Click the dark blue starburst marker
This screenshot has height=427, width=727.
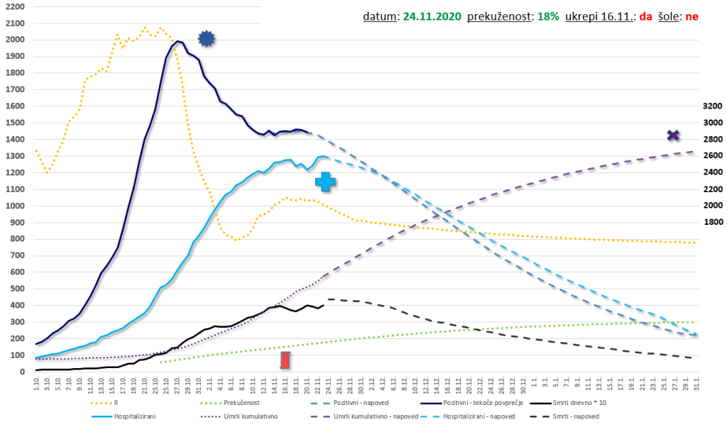pos(206,39)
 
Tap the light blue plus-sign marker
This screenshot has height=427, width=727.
pos(326,182)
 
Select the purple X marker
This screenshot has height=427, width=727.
pos(673,135)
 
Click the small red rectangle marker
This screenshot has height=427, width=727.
pos(285,360)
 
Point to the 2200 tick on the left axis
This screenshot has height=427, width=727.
pos(15,7)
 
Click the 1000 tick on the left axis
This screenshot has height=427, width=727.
pos(15,206)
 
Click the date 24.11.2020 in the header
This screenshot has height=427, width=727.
pos(432,16)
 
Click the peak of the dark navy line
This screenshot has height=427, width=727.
pos(177,41)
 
